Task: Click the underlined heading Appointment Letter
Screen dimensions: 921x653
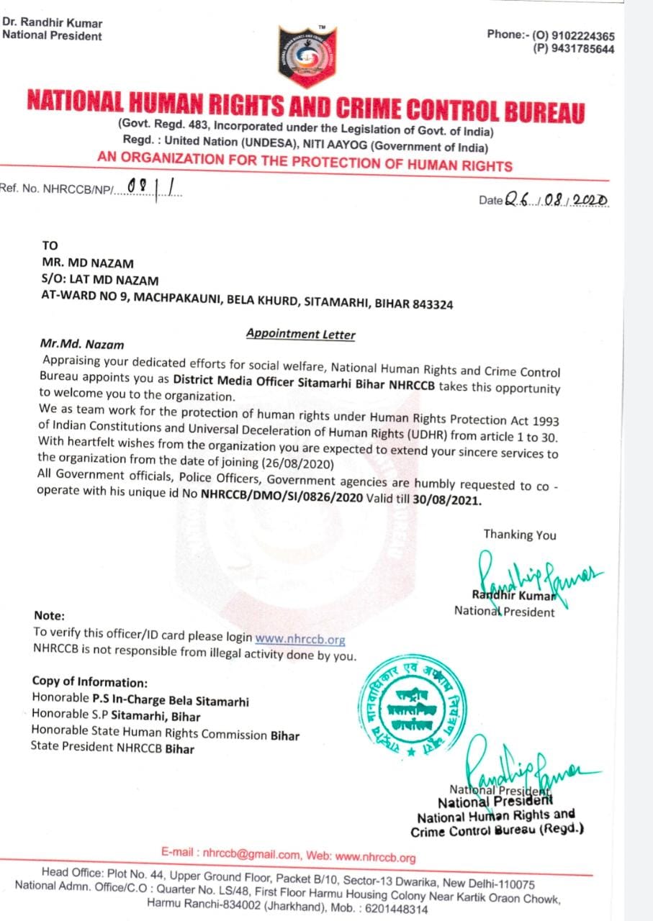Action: coord(300,334)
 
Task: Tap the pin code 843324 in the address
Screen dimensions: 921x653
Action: coord(433,304)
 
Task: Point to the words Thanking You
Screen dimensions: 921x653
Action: coord(519,535)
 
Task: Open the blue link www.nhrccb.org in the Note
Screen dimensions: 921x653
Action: coord(300,638)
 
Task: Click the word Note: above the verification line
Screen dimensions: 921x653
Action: coord(49,616)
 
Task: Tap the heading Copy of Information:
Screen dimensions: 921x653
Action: coord(90,682)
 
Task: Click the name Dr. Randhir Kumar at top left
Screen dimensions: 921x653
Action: coord(52,24)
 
